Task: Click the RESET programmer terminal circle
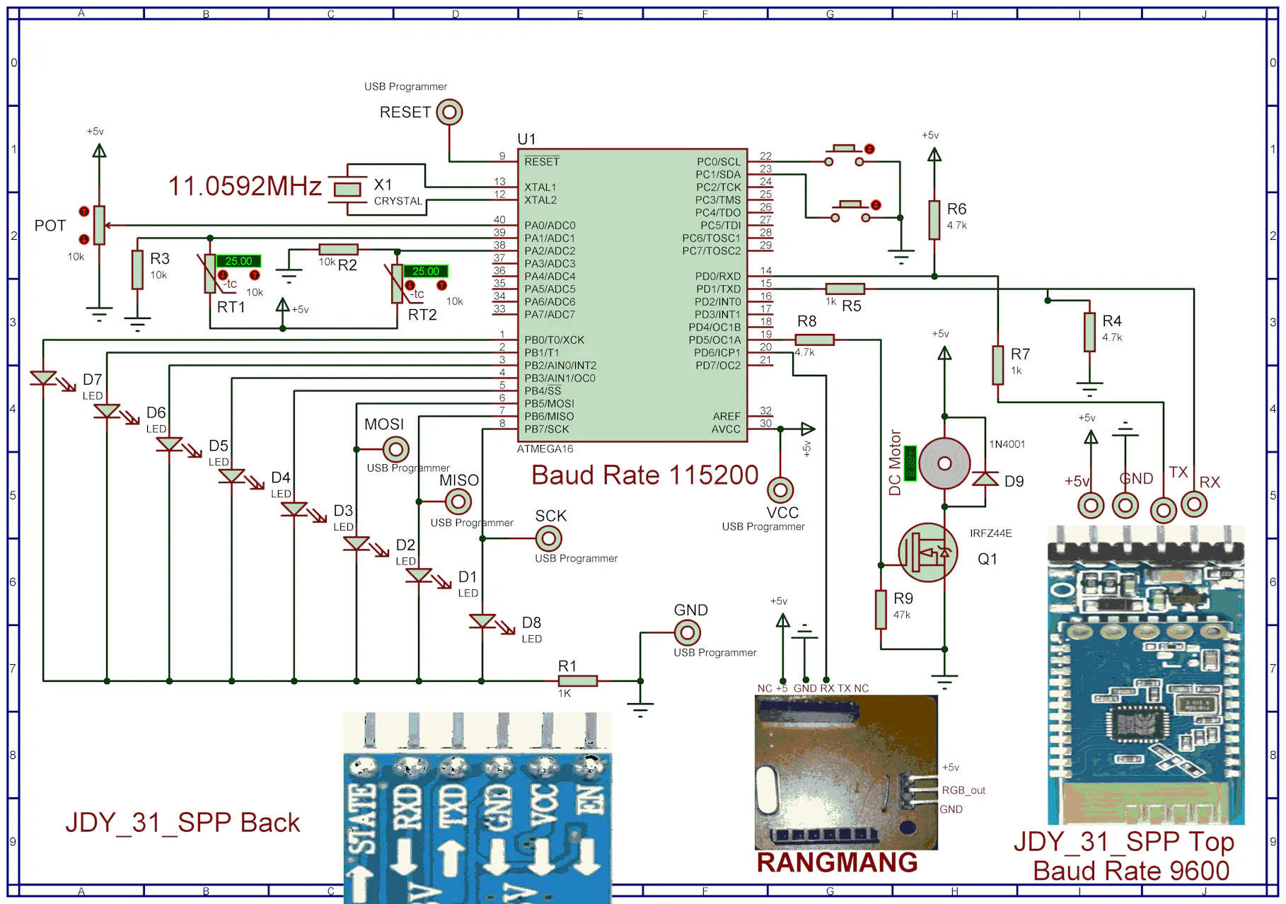[449, 112]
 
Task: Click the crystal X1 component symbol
[347, 188]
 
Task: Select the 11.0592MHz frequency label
[245, 186]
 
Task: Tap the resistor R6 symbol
[934, 219]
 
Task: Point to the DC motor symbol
[944, 463]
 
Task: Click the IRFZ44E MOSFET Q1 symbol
[927, 552]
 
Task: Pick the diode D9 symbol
[985, 480]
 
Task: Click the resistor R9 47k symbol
[881, 609]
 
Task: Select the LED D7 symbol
[44, 379]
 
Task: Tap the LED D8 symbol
[482, 622]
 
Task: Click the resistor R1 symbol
[578, 680]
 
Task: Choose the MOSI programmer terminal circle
[395, 448]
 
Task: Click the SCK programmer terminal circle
[548, 538]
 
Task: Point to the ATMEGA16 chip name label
[545, 449]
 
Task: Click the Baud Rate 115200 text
[644, 475]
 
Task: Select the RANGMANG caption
[837, 862]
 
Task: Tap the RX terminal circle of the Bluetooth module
[1194, 504]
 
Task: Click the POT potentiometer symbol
[99, 225]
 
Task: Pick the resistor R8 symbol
[814, 340]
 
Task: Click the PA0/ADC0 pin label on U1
[550, 226]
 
